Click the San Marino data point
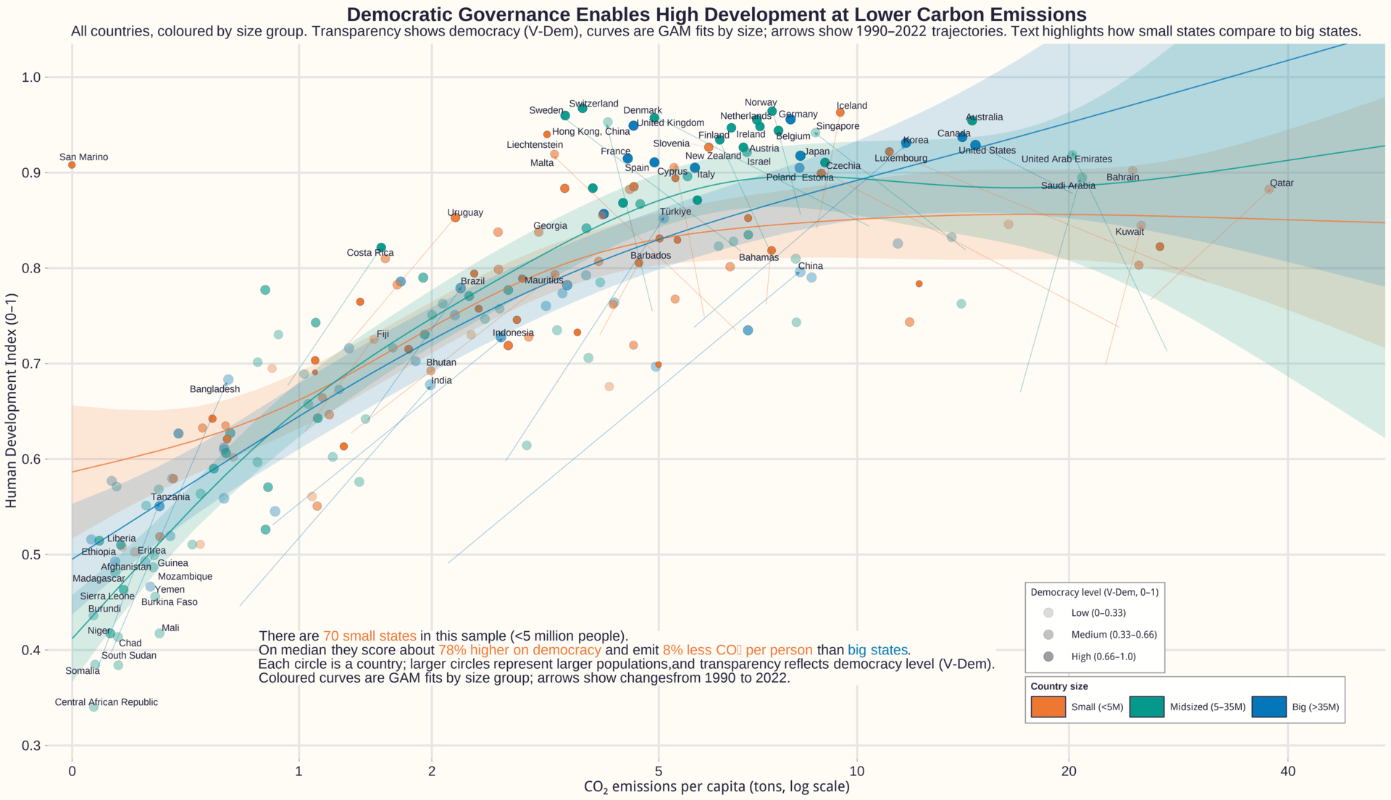coord(72,165)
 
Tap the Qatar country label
coord(1282,183)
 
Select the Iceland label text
coord(851,106)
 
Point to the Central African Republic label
coord(106,702)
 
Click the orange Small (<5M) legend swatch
coord(1048,707)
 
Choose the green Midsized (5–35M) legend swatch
coord(1146,707)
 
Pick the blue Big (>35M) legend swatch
coord(1269,707)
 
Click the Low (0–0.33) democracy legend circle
coord(1048,613)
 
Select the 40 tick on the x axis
coord(1287,771)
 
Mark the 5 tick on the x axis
coord(659,771)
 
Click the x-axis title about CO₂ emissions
coord(717,787)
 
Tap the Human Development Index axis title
coord(11,401)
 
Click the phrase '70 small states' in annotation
coord(369,637)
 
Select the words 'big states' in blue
coord(877,651)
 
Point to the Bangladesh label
coord(214,389)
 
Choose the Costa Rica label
coord(369,253)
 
